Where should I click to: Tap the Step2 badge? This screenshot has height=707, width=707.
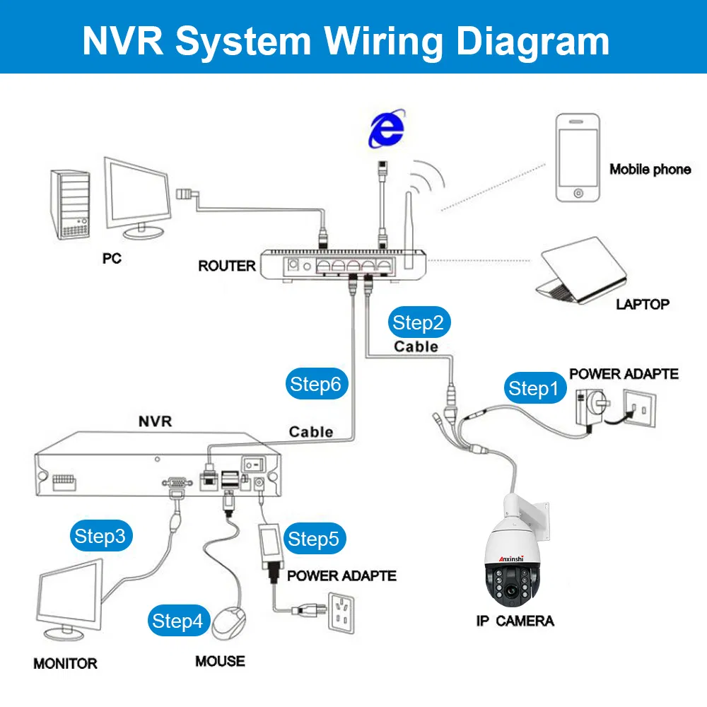[418, 323]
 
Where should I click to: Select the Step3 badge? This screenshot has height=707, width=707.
[100, 536]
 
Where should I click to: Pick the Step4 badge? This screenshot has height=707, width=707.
[177, 621]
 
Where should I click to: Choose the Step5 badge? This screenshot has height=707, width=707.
[314, 539]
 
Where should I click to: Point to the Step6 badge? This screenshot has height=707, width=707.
[315, 384]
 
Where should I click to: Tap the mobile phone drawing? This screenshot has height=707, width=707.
[579, 158]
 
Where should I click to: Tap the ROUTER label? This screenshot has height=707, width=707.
[227, 266]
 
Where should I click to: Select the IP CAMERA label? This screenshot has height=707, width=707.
[515, 621]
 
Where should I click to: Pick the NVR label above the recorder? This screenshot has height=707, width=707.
[154, 421]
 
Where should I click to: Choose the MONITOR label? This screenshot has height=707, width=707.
[65, 663]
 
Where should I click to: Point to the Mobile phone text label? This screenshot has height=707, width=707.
[650, 169]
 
